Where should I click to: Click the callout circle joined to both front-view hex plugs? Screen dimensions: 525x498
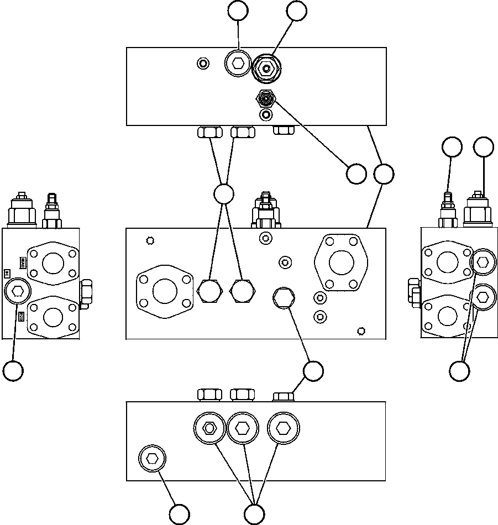click(223, 194)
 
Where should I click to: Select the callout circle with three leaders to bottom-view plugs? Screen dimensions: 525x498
click(254, 514)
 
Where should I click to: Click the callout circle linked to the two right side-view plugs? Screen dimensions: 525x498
click(459, 371)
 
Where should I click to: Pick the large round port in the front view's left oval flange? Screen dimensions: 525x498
click(165, 291)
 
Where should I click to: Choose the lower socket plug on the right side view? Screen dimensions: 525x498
click(483, 297)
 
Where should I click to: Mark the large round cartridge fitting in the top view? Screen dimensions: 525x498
click(267, 69)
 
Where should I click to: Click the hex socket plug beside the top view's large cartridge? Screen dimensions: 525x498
click(238, 64)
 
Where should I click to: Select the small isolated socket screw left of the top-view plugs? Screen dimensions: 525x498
click(203, 64)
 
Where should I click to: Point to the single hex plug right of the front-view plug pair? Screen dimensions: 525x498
click(284, 298)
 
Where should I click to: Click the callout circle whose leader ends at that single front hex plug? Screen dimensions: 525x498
click(313, 371)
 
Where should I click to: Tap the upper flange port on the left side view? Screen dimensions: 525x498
click(54, 262)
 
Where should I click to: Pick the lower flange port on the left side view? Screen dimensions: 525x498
click(54, 317)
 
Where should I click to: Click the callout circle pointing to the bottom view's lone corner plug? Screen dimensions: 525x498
click(180, 514)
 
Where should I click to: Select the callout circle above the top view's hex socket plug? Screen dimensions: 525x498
click(238, 11)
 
